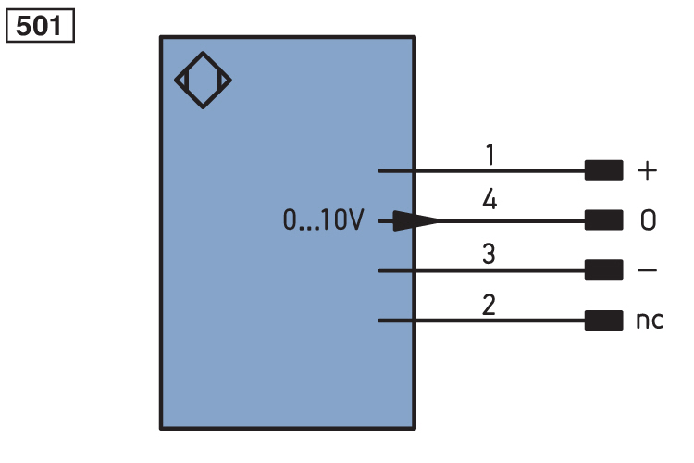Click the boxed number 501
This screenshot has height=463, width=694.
tap(40, 26)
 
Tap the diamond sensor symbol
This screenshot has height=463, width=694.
tap(204, 53)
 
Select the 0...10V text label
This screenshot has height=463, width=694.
tap(323, 219)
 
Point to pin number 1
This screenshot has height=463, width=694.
tap(490, 155)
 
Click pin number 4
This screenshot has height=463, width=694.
tap(490, 198)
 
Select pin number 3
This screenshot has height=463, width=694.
tap(489, 254)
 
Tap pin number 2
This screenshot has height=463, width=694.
tap(489, 305)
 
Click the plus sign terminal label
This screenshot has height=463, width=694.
tap(647, 170)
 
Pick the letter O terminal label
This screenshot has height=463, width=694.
tap(648, 219)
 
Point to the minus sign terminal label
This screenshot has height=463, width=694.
tap(647, 269)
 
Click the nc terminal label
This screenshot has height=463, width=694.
tap(650, 319)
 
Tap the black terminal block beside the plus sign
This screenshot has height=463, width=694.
tap(603, 170)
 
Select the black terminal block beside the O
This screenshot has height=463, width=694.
tap(603, 220)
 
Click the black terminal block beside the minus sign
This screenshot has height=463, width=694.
tap(603, 269)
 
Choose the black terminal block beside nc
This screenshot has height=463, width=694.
tap(603, 320)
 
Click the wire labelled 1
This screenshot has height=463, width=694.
tap(481, 170)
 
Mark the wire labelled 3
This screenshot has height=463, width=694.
tap(481, 270)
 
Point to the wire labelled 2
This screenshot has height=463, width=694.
tap(481, 320)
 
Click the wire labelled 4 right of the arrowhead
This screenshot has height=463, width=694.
tap(512, 220)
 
